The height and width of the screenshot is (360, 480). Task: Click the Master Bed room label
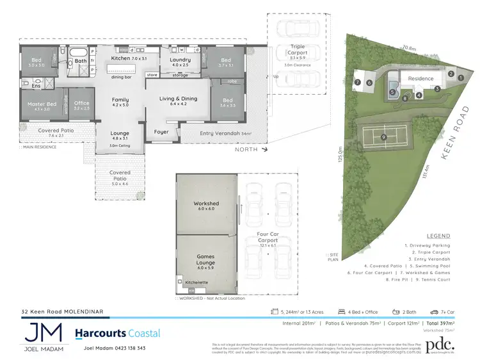(42, 104)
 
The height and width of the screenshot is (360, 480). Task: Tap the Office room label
(82, 103)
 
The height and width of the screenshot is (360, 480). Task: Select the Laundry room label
(180, 60)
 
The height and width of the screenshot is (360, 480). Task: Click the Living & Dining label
(179, 99)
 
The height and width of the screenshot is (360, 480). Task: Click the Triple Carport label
(298, 47)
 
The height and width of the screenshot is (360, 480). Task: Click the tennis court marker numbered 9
(383, 137)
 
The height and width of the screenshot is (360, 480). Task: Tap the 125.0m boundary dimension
(341, 156)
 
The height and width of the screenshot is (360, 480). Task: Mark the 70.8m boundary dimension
(410, 47)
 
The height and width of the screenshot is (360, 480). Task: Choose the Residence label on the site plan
(420, 79)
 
